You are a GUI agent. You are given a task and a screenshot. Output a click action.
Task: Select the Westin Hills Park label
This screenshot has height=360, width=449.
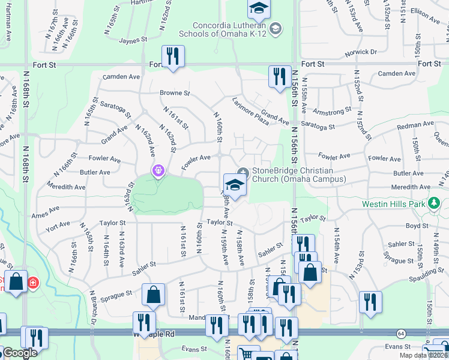(394, 204)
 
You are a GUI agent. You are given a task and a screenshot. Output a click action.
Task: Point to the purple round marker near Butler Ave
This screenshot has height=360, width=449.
(157, 171)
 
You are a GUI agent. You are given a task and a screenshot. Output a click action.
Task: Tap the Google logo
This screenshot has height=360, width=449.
(20, 353)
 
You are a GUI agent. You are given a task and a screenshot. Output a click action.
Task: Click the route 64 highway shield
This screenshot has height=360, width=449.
(400, 333)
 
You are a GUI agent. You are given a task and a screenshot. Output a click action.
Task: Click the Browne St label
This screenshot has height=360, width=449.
(174, 93)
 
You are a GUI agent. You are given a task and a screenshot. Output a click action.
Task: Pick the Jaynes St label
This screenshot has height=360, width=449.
(133, 40)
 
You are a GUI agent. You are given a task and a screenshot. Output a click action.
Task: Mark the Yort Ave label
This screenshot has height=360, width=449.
(58, 226)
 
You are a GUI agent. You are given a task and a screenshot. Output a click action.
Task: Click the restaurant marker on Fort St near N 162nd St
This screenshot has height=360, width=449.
(173, 56)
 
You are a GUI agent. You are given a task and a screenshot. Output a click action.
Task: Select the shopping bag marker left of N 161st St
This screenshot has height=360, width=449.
(154, 294)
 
